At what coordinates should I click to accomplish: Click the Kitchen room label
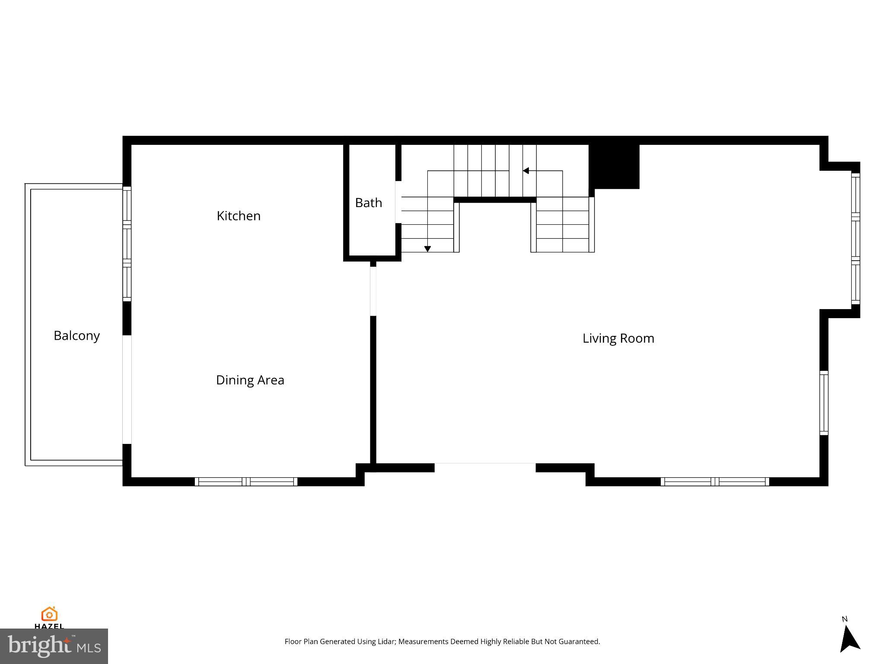click(239, 216)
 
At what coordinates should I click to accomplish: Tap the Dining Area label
click(250, 380)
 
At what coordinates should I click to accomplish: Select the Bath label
click(368, 203)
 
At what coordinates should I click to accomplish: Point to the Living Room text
click(618, 338)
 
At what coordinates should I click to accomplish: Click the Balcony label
click(76, 335)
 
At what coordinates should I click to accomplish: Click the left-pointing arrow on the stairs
click(526, 171)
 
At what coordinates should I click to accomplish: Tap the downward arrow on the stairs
click(427, 249)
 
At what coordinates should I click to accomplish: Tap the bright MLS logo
click(54, 646)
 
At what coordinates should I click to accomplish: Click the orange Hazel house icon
click(49, 614)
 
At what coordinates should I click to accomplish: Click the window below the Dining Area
click(246, 482)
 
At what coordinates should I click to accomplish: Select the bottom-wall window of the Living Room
click(715, 482)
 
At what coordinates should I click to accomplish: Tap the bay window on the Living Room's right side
click(855, 239)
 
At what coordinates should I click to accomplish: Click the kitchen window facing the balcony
click(127, 244)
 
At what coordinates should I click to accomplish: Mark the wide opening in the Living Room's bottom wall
click(485, 467)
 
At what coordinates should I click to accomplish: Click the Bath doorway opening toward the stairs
click(398, 202)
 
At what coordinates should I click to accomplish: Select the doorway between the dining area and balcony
click(127, 389)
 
